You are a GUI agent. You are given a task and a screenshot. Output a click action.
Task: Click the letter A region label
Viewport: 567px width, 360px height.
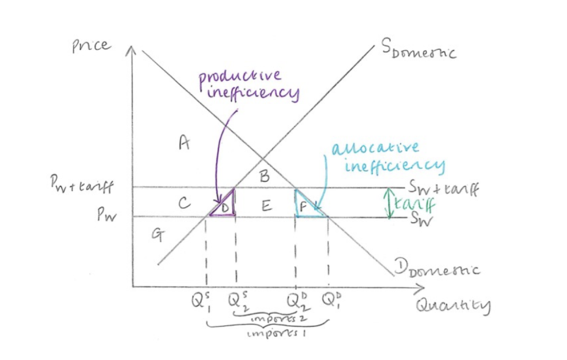pyautogui.click(x=184, y=142)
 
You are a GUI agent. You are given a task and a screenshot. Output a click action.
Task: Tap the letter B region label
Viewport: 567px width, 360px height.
pyautogui.click(x=264, y=177)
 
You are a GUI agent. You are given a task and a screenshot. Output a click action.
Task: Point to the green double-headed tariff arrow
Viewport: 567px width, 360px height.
pyautogui.click(x=389, y=203)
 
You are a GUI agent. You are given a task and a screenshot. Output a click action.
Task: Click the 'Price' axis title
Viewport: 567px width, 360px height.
pyautogui.click(x=92, y=46)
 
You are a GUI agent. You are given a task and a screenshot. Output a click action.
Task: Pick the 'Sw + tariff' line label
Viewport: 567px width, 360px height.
pyautogui.click(x=443, y=189)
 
